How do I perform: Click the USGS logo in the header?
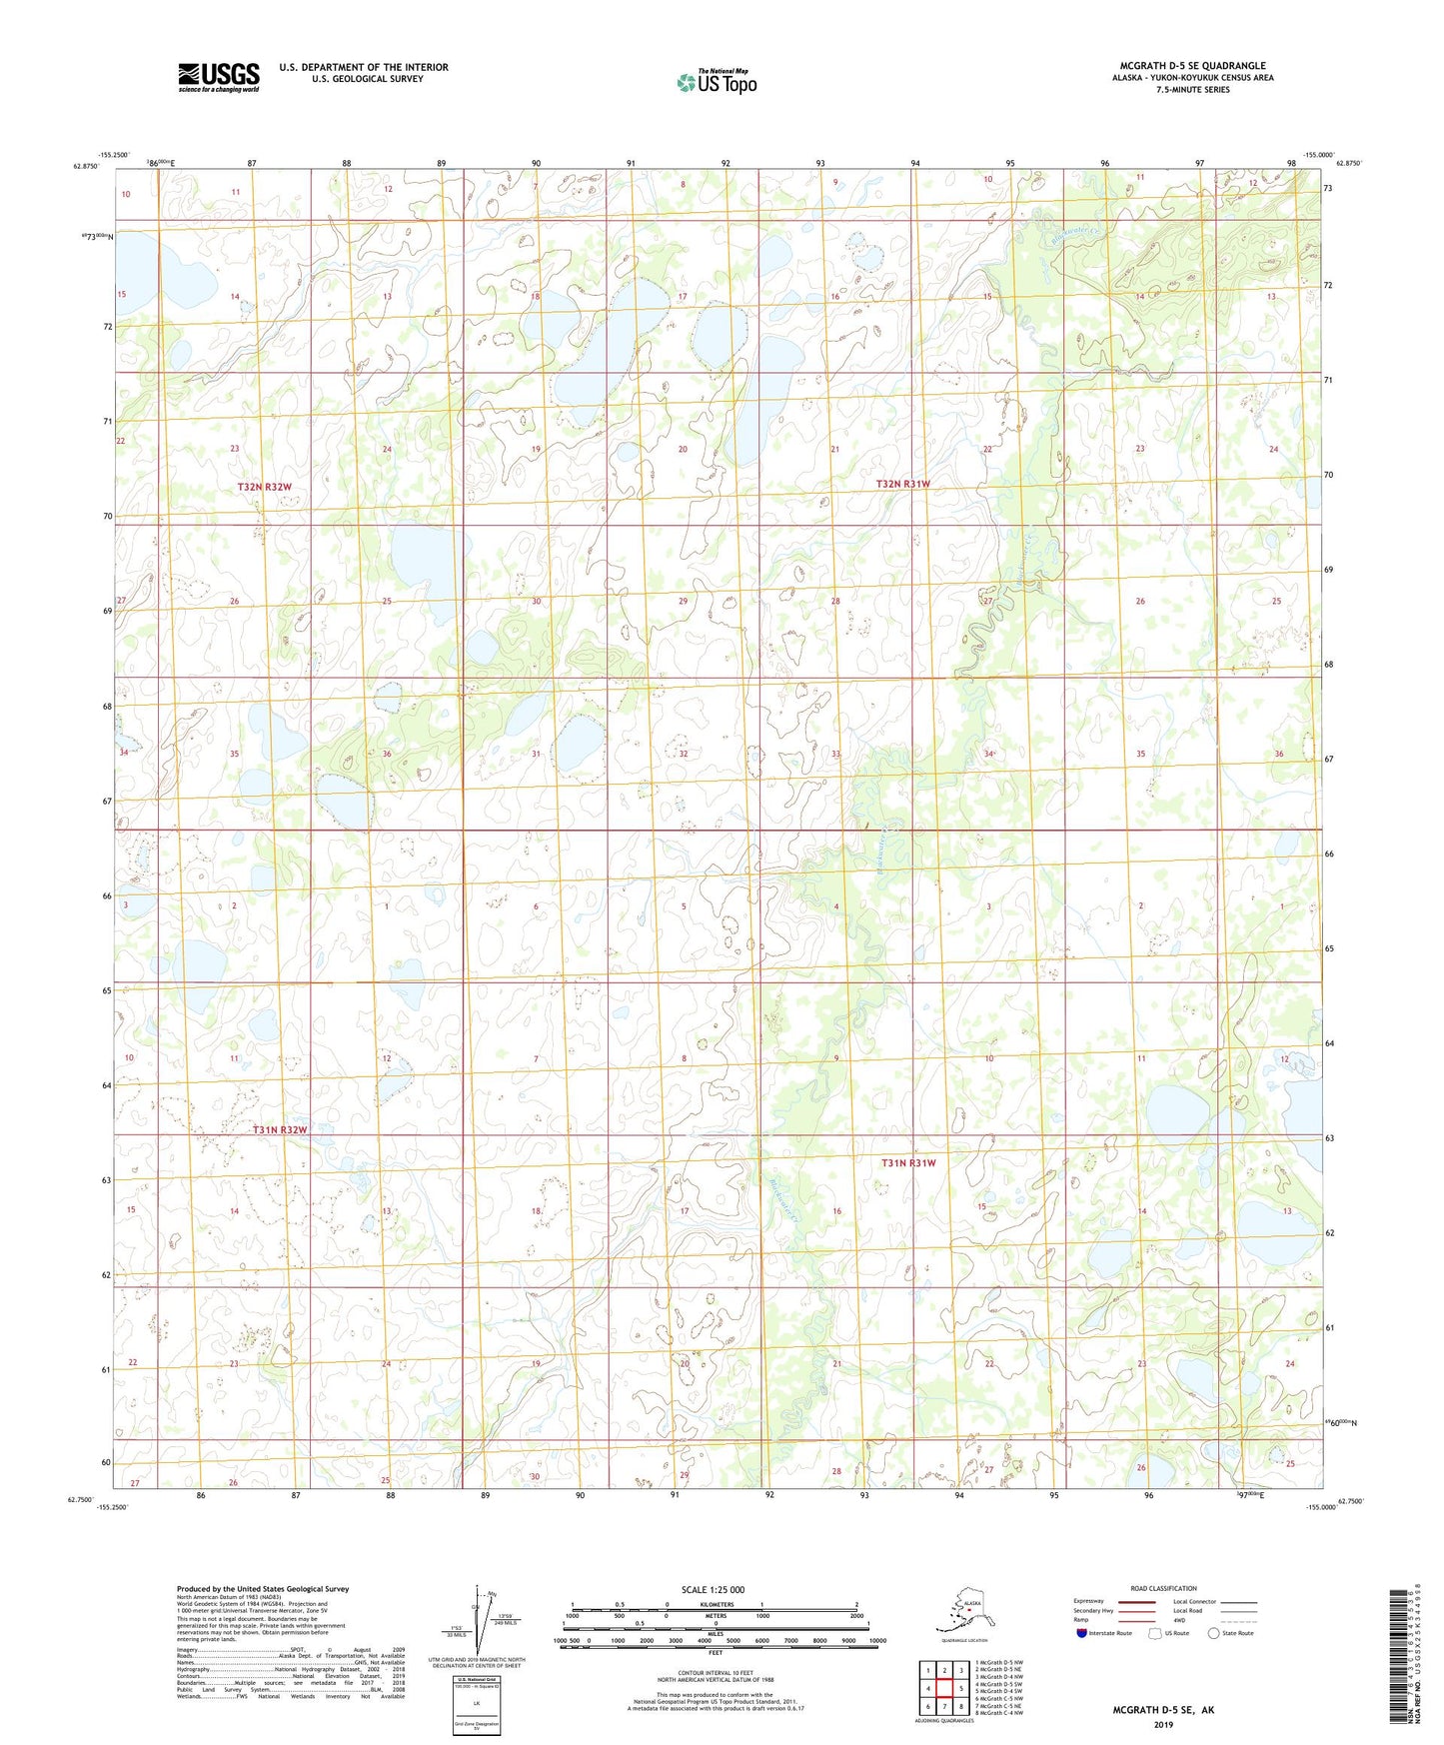218,77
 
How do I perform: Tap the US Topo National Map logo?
716,82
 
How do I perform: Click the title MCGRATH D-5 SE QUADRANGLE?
1192,66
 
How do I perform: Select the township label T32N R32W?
265,487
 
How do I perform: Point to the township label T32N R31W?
902,484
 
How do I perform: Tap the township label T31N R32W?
279,1129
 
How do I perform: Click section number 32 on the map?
684,754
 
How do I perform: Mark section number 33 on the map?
835,754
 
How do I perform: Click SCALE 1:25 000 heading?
713,1589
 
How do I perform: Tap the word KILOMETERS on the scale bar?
713,1604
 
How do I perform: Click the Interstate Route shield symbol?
1081,1632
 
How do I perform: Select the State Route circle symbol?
1213,1632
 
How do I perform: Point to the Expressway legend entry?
1089,1601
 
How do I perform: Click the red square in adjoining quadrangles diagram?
943,1688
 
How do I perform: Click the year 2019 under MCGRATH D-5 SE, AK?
1163,1724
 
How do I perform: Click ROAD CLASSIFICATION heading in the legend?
1163,1588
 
